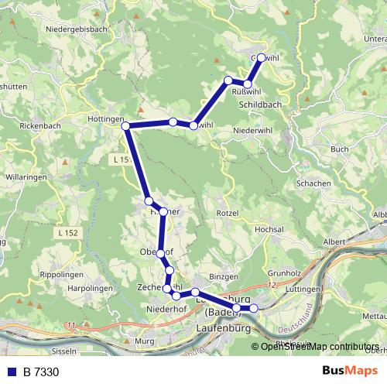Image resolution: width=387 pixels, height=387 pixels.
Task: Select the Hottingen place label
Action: coord(107,119)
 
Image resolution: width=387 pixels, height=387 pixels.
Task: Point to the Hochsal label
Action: coord(270,230)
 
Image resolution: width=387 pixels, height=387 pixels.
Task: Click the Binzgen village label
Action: coord(223,276)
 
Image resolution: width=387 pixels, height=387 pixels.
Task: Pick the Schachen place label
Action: coord(314,183)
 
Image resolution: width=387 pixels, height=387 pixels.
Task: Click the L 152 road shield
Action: coord(68,232)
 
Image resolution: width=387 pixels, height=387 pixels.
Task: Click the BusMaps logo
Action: coord(344,372)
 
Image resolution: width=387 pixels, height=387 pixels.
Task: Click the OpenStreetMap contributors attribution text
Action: coord(320,346)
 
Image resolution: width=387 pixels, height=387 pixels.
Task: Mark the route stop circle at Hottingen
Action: coord(125,126)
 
